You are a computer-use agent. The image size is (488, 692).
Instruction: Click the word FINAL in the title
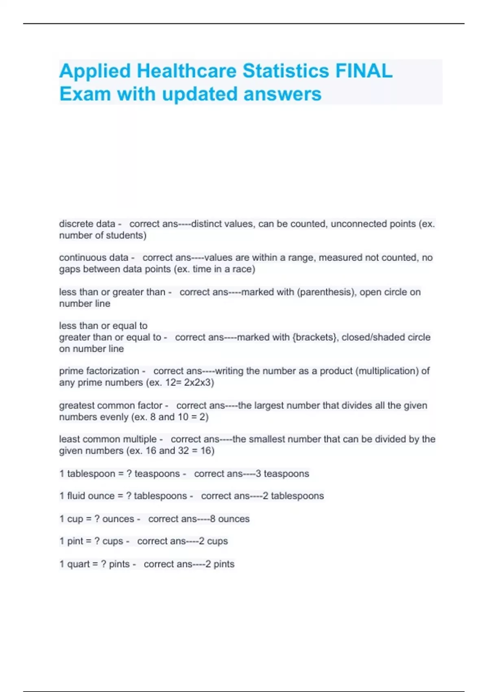pos(364,71)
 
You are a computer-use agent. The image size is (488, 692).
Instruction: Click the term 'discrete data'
pos(87,224)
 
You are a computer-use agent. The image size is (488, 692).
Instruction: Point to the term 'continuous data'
pos(94,258)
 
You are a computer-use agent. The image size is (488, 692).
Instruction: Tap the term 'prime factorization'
pos(99,371)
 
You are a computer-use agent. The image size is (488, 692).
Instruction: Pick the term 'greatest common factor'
pos(111,405)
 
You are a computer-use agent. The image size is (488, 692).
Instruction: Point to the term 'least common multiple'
pos(108,439)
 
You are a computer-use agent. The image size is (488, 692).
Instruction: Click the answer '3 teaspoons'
pos(282,474)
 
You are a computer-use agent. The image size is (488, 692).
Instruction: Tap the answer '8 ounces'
pos(230,519)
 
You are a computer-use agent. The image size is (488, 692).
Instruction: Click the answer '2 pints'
pos(220,564)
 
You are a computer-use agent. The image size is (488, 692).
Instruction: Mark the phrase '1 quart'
pos(74,564)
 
